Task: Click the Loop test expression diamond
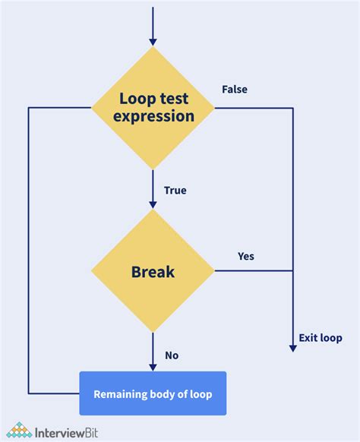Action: point(153,108)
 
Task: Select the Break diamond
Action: point(153,270)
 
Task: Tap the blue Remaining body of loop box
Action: point(153,393)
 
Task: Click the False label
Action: point(234,90)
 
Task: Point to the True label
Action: point(175,191)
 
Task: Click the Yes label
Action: point(246,256)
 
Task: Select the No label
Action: point(171,355)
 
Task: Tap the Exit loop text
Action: point(321,338)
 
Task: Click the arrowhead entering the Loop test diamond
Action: point(153,41)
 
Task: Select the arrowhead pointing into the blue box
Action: point(153,366)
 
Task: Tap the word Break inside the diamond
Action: point(153,270)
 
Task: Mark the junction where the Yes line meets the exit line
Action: point(293,270)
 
